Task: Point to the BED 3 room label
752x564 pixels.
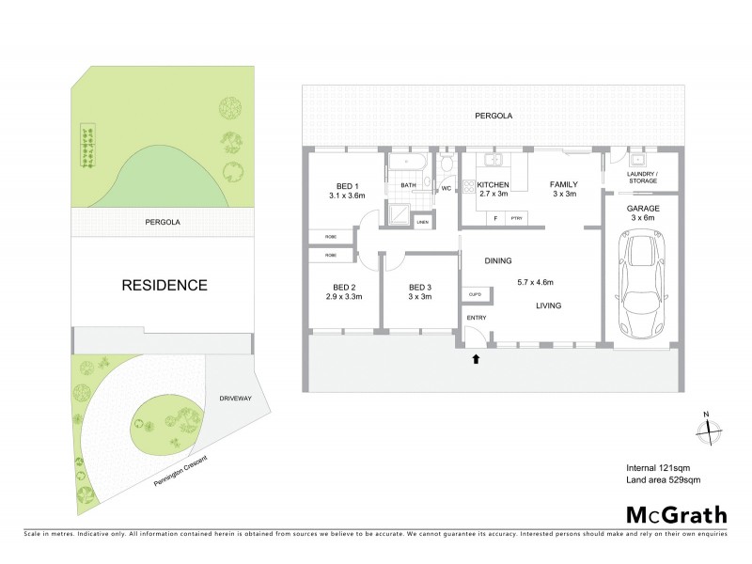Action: click(x=419, y=288)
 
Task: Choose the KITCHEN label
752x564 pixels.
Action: click(x=493, y=184)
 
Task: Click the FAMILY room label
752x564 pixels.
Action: click(x=563, y=184)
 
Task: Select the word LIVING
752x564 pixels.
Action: click(x=550, y=305)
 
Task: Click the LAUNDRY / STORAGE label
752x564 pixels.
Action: click(x=643, y=179)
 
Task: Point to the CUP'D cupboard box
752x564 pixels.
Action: click(x=475, y=295)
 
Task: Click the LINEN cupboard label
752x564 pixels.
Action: click(x=422, y=222)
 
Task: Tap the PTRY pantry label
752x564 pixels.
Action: click(x=515, y=218)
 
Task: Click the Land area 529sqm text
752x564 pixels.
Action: click(x=664, y=480)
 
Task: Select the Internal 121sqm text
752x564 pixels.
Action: click(x=657, y=467)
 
